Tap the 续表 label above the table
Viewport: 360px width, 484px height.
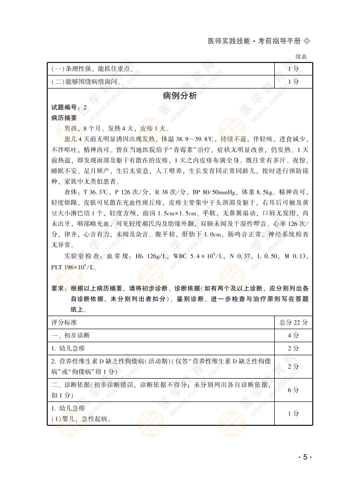pos(301,56)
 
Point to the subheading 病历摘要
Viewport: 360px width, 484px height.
pos(64,117)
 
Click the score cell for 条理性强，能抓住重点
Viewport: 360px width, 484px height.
pos(293,69)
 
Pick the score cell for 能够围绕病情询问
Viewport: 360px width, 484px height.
pos(293,81)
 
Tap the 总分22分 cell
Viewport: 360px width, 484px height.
pos(293,322)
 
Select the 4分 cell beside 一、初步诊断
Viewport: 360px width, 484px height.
pos(293,335)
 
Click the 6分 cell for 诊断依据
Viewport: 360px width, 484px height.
pos(293,389)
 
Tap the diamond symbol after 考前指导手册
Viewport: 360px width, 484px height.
pos(307,41)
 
